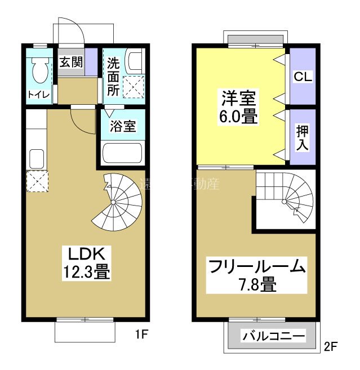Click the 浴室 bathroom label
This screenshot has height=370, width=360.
coord(123,126)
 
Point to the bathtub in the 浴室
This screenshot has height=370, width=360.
coord(122,153)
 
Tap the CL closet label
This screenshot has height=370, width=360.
coord(303,76)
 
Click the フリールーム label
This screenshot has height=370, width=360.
coord(256,266)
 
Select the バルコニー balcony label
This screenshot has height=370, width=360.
coord(274,337)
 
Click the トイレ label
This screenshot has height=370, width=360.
coord(38,94)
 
